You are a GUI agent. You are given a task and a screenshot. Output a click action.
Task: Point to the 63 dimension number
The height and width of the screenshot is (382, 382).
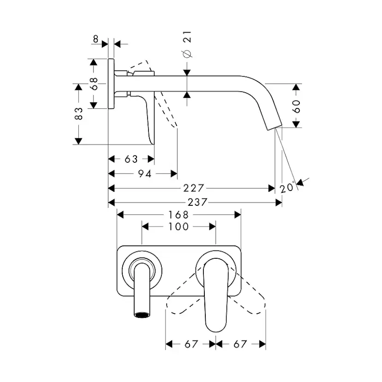coord(131,159)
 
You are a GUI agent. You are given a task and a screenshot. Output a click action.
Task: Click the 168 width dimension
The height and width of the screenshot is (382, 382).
coord(179,215)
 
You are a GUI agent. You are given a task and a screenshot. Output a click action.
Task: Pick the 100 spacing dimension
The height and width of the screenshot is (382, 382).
coord(179,227)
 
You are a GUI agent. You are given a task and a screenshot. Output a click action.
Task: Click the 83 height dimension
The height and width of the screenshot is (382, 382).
coord(79,113)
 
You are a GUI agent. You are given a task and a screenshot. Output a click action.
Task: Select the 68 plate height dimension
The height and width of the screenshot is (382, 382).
coord(94,84)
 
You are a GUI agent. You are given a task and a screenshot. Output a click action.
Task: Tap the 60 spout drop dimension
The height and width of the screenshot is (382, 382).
coord(296,106)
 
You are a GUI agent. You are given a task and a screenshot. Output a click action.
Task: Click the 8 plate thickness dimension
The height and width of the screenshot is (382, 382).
coord(95,39)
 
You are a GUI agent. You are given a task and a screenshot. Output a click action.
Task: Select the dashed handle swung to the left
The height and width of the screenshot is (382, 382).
coord(182,300)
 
